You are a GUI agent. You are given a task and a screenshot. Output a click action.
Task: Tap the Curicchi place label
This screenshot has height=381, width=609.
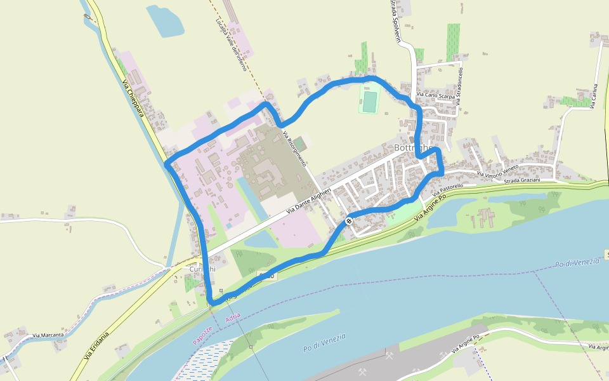pos(202,269)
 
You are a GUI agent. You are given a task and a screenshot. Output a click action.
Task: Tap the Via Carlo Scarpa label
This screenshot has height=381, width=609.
pos(435,95)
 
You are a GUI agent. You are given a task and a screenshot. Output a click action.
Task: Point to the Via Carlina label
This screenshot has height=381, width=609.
pos(594,96)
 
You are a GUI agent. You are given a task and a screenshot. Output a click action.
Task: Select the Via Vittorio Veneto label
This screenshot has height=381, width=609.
pos(497,171)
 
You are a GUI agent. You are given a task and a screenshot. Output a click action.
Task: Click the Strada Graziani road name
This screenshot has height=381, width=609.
pos(521,181)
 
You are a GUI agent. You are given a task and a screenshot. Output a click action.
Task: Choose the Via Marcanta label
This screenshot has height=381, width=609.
pos(48,335)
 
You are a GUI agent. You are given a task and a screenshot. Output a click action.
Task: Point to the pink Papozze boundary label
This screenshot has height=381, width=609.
pos(202,336)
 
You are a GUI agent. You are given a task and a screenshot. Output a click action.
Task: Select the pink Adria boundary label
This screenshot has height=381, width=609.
pos(233,318)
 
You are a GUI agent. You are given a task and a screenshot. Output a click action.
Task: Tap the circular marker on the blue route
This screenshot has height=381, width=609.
pos(349,221)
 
